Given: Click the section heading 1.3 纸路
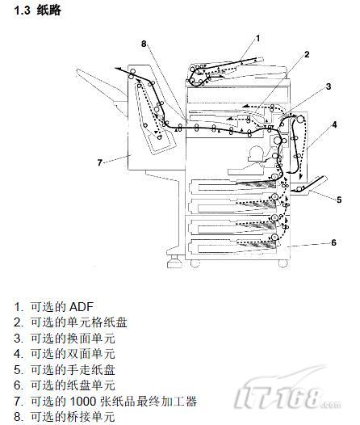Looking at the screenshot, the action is (x=37, y=11).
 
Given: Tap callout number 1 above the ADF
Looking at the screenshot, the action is (x=257, y=39).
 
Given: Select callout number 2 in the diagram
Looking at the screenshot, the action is (x=307, y=54).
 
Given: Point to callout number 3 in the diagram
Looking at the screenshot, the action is (x=329, y=86).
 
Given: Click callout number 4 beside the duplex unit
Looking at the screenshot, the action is (x=334, y=124).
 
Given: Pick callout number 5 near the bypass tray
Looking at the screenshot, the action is (x=339, y=200).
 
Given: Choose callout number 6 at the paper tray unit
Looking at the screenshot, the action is (x=333, y=242).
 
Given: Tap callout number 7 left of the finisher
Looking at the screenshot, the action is (x=100, y=162).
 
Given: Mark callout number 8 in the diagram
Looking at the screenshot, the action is (x=144, y=44).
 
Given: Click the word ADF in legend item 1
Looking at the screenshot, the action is (x=82, y=307).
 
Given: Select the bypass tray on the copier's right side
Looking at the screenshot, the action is (x=309, y=185).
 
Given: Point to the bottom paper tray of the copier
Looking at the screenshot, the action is (x=232, y=246).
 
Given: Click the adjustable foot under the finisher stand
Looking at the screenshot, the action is (x=174, y=261).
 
